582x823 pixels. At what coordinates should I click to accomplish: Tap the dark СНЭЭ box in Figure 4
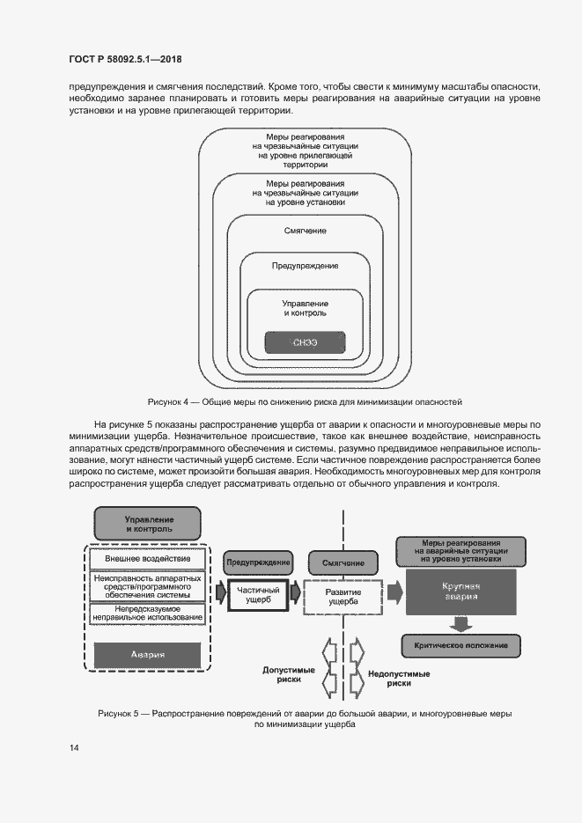click(305, 342)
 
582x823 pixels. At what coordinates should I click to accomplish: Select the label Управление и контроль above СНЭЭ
click(305, 307)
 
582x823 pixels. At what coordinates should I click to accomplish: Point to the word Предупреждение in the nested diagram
click(305, 265)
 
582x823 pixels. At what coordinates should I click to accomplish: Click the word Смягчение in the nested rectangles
click(305, 231)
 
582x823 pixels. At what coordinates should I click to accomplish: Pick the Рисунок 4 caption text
click(305, 400)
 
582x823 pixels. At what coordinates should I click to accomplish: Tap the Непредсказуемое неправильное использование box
click(148, 613)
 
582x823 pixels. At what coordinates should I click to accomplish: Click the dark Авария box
click(148, 655)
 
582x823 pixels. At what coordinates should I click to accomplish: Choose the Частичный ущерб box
click(260, 595)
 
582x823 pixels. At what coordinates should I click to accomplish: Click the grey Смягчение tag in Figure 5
click(343, 562)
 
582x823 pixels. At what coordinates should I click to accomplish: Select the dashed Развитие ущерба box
click(343, 595)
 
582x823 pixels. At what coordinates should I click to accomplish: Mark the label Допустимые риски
click(282, 674)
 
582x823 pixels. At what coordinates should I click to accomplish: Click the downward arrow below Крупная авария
click(459, 622)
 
